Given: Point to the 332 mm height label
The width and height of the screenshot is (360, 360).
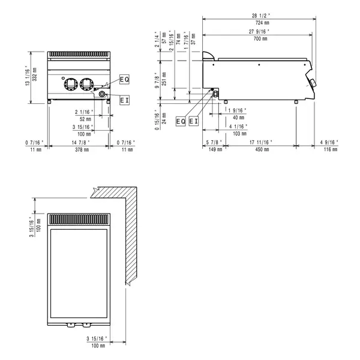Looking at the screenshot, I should tap(35, 77).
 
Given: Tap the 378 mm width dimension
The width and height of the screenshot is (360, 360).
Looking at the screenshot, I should tap(79, 149).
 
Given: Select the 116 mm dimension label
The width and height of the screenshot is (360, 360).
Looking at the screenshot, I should tap(328, 149).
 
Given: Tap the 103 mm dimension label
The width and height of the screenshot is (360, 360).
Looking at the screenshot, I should tap(240, 133).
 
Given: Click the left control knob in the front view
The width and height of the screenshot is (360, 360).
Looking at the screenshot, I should tap(70, 83).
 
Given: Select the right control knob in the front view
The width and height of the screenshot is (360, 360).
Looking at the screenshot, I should tap(86, 83).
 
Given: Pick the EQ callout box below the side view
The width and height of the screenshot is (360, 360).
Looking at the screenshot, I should tap(181, 122).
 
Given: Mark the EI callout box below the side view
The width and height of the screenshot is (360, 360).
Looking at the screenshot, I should tap(193, 122).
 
